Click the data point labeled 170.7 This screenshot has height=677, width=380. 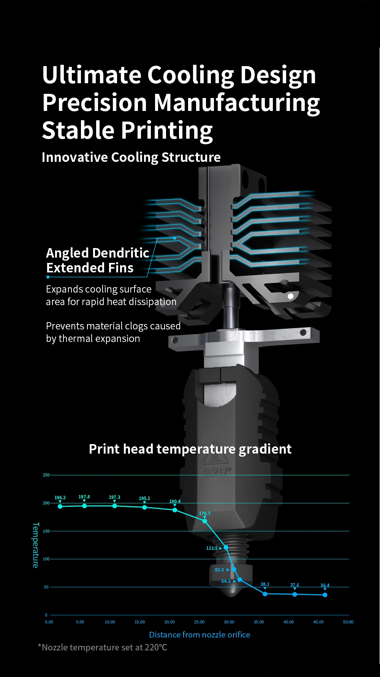click(204, 521)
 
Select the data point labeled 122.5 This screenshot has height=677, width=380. click(226, 547)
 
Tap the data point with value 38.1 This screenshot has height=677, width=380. click(265, 594)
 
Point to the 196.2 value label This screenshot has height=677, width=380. click(60, 498)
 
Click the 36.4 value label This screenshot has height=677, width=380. click(325, 585)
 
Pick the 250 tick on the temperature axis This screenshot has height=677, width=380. click(46, 475)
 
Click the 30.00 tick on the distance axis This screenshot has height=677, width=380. click(229, 622)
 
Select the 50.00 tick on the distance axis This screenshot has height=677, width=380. click(348, 622)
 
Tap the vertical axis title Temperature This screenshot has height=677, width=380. click(35, 545)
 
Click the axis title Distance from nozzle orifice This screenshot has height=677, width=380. click(199, 634)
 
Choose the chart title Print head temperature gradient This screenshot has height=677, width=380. click(190, 449)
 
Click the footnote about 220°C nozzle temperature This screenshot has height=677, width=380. click(103, 647)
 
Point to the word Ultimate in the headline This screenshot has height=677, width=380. click(91, 75)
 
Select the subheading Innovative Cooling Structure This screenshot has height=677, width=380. click(131, 157)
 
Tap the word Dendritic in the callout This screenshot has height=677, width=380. click(120, 253)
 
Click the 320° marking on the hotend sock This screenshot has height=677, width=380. click(217, 472)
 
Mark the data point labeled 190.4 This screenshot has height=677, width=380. click(175, 510)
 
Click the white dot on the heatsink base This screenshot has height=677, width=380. click(291, 296)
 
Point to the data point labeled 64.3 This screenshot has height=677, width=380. click(239, 580)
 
